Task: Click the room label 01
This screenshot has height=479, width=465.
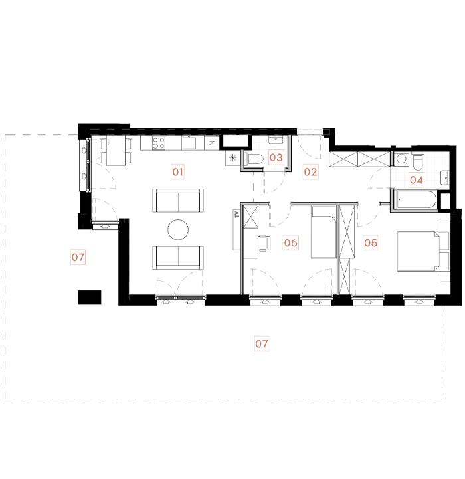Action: (x=177, y=173)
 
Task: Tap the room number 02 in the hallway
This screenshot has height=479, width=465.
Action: (x=310, y=172)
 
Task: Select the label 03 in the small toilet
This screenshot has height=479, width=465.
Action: (x=276, y=158)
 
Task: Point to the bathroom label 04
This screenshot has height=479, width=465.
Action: (x=417, y=179)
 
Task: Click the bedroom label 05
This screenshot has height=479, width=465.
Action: (x=371, y=243)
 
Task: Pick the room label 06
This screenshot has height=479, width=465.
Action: (x=290, y=242)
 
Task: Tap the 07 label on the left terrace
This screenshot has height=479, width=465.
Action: (x=78, y=257)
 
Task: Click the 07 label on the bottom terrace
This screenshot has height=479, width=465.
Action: (x=262, y=344)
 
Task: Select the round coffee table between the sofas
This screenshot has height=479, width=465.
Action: (x=178, y=229)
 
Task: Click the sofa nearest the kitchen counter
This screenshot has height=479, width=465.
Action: (x=178, y=200)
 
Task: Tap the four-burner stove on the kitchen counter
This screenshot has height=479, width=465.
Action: (x=159, y=142)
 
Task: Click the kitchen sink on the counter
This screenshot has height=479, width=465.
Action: (x=189, y=142)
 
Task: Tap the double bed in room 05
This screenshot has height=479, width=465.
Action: (x=417, y=250)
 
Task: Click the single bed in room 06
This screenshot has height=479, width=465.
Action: (x=324, y=233)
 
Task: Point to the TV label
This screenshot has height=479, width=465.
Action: (x=236, y=214)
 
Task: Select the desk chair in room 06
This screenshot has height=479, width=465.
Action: (x=266, y=242)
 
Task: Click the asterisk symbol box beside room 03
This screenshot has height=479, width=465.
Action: (x=232, y=158)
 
